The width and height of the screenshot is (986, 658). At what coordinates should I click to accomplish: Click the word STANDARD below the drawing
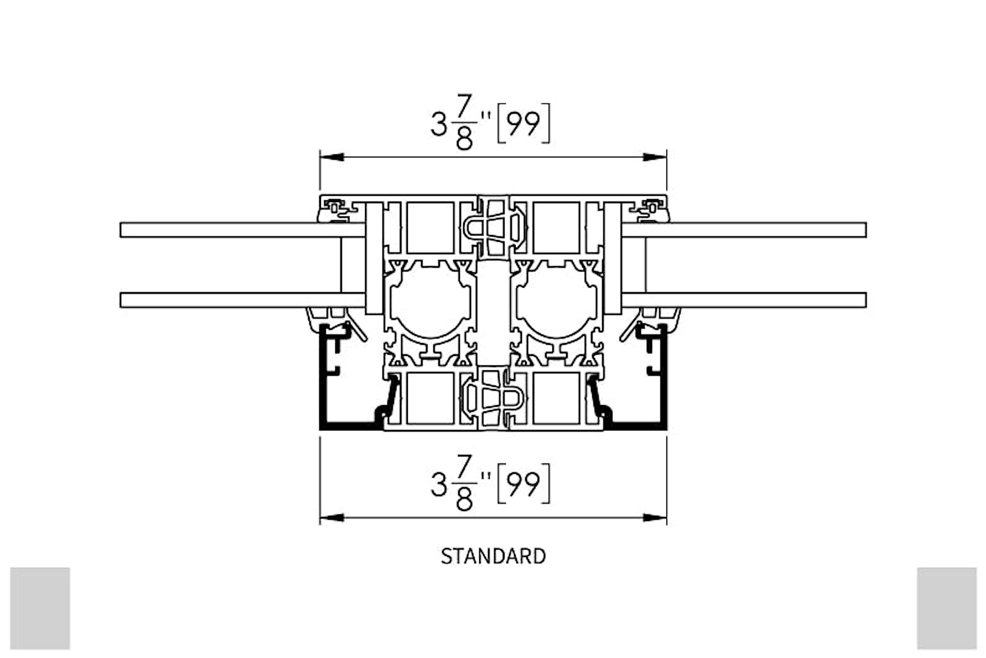point(493,556)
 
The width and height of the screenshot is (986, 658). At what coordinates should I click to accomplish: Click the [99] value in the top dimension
point(523,124)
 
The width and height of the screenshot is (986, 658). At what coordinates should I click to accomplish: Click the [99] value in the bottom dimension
point(523,484)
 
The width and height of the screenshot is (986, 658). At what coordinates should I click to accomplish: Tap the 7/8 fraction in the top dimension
point(464,122)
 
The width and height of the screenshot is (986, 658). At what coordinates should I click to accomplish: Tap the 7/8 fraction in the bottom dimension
point(464,483)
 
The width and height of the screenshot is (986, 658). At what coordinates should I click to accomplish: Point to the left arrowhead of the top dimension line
point(331,157)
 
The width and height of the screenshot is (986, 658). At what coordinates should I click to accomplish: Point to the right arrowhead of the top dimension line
point(655,157)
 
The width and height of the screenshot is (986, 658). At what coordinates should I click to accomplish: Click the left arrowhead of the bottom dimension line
point(331,518)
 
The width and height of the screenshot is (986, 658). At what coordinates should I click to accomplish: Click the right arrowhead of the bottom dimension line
point(655,518)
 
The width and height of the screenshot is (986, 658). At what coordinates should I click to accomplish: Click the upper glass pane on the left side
point(241,230)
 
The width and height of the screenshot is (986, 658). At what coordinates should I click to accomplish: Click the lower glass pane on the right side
point(744,300)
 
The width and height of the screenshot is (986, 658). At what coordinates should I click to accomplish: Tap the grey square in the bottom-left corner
point(40,608)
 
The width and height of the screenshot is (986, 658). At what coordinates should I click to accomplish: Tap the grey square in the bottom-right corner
point(947,608)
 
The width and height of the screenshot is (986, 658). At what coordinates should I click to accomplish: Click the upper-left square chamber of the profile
point(430,228)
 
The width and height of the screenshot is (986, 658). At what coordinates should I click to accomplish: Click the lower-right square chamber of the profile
point(556,398)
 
